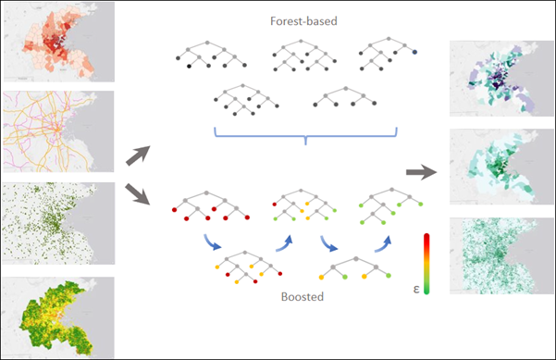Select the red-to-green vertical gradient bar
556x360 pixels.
425,261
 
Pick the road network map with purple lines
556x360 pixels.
57,130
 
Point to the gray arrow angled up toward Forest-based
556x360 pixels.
140,154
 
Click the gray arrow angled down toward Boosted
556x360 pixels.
140,195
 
